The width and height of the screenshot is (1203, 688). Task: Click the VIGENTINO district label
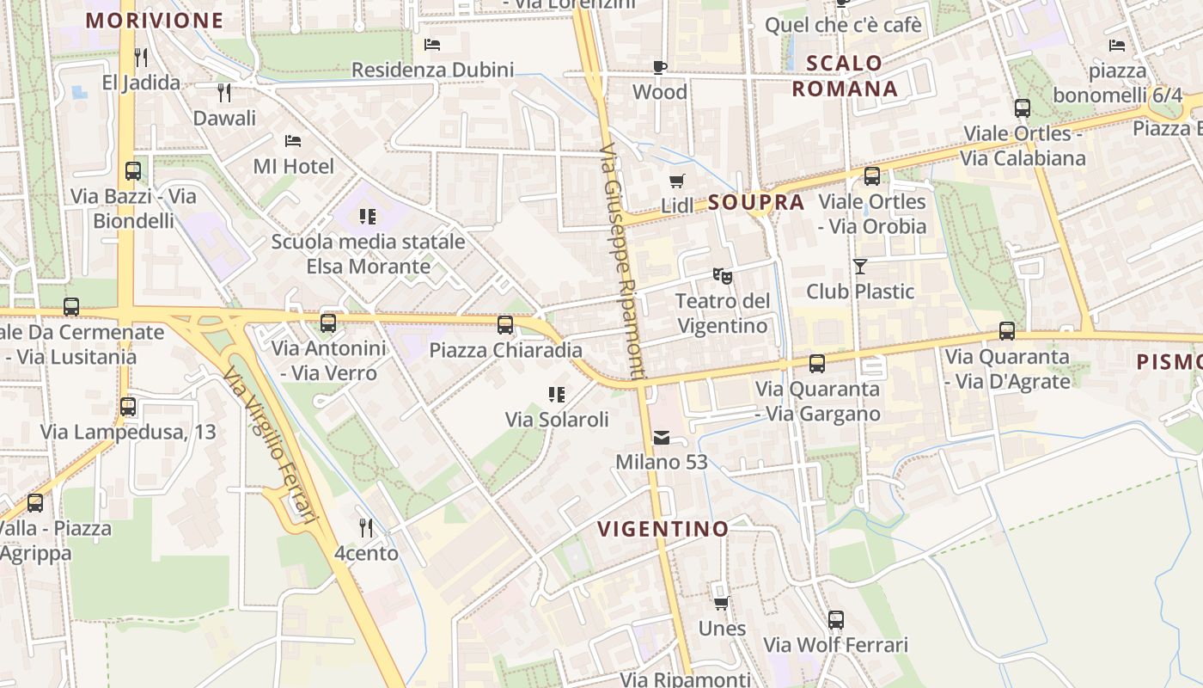(663, 528)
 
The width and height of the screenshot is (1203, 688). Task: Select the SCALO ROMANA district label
(844, 76)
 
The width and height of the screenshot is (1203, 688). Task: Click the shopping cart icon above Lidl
(677, 181)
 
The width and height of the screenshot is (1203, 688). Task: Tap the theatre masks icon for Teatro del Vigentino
(723, 276)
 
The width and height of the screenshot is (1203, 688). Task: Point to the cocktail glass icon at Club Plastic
(860, 267)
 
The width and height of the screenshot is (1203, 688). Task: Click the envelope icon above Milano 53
(661, 438)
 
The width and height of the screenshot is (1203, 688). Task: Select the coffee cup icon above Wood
(659, 67)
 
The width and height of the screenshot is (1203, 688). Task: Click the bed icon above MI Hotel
(293, 140)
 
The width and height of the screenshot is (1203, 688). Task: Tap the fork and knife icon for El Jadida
(141, 58)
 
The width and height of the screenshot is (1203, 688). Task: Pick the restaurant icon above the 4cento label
(366, 527)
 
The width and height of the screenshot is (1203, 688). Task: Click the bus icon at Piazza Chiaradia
(505, 324)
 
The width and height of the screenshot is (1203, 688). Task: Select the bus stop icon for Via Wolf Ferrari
(835, 619)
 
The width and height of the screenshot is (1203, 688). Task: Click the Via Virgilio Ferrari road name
(269, 445)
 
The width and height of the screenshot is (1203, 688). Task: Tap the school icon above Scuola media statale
(368, 216)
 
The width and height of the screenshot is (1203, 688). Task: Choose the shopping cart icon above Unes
(722, 603)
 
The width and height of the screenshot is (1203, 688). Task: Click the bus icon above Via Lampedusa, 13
(128, 406)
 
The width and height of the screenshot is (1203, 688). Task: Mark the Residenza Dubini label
(432, 70)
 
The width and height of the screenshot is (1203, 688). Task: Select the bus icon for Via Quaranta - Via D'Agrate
(1006, 330)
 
